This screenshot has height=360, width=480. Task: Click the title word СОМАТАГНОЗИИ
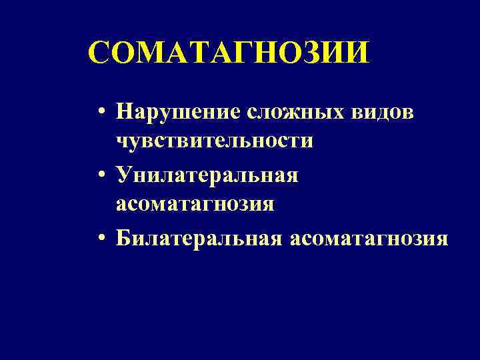pyautogui.click(x=227, y=53)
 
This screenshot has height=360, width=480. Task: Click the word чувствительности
pyautogui.click(x=214, y=141)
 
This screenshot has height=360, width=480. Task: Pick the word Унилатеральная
pyautogui.click(x=207, y=175)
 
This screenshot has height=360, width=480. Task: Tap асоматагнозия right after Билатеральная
pyautogui.click(x=368, y=237)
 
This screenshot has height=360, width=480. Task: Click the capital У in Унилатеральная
pyautogui.click(x=123, y=175)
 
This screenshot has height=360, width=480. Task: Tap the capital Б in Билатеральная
pyautogui.click(x=123, y=237)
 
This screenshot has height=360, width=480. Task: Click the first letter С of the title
pyautogui.click(x=101, y=53)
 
